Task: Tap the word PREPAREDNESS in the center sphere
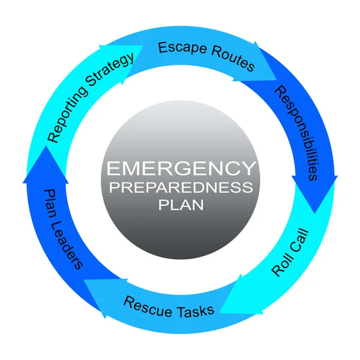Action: pyautogui.click(x=181, y=187)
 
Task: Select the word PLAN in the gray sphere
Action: pyautogui.click(x=181, y=205)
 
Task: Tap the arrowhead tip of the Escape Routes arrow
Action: pyautogui.click(x=277, y=80)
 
